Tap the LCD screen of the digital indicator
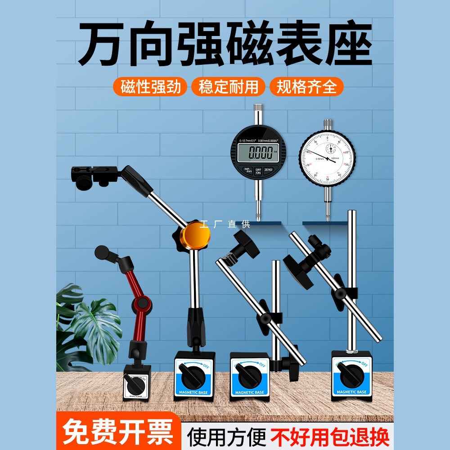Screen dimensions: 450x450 click(x=258, y=153)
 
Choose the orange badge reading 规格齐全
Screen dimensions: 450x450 click(x=306, y=86)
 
